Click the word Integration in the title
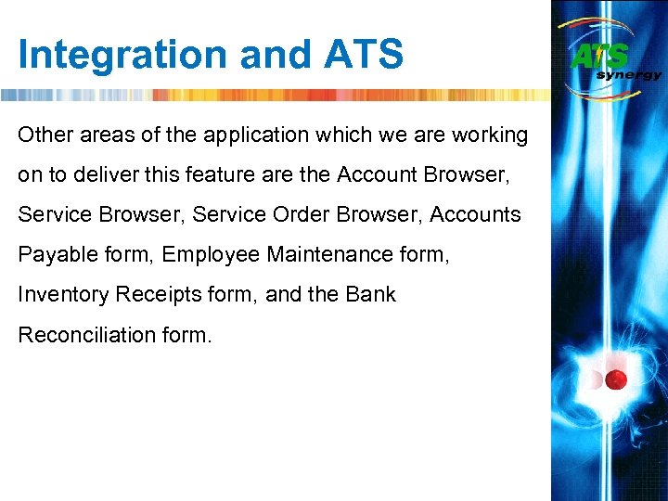(122, 55)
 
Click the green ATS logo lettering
(599, 57)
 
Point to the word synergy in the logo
(629, 75)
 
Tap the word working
(490, 135)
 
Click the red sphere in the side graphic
(617, 379)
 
